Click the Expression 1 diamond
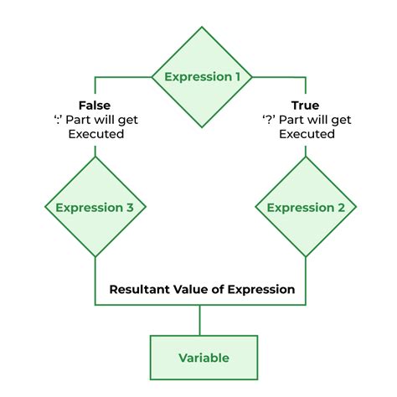click(x=202, y=77)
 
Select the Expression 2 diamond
click(x=306, y=207)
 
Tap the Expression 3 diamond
click(x=95, y=207)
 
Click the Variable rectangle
click(x=204, y=358)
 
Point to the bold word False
click(x=95, y=106)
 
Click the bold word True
click(x=305, y=106)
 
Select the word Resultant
click(x=139, y=290)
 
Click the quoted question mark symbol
click(x=269, y=120)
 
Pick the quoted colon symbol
click(x=58, y=120)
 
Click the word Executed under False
click(x=96, y=134)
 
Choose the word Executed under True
click(x=307, y=134)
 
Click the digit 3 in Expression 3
click(x=130, y=208)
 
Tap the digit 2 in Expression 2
click(x=342, y=208)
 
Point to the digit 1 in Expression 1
click(x=237, y=77)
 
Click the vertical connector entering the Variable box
click(x=199, y=320)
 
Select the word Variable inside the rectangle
click(x=204, y=358)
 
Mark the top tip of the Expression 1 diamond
click(x=202, y=27)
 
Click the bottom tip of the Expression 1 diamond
click(x=202, y=127)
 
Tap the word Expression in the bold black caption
click(x=261, y=290)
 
